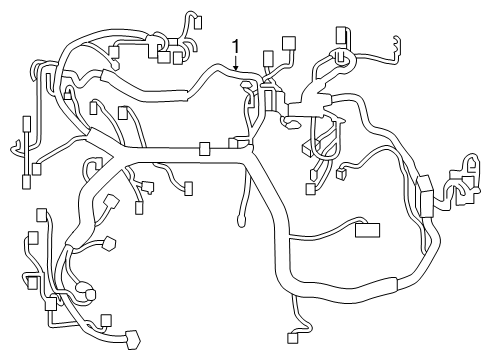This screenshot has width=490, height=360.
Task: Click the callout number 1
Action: [x=235, y=46]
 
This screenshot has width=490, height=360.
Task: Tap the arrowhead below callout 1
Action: [x=235, y=69]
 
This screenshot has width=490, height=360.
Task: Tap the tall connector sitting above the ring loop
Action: [x=342, y=37]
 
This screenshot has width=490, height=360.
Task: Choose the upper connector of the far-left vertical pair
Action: [x=26, y=126]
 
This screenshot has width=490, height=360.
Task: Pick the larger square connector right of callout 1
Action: [x=289, y=44]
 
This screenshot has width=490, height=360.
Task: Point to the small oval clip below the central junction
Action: [x=292, y=123]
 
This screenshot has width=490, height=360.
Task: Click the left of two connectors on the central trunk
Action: [x=205, y=149]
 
